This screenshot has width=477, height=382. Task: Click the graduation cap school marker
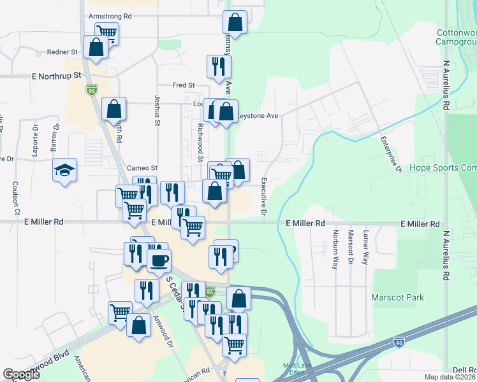point(64,170)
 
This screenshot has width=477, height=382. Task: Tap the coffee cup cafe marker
point(159,260)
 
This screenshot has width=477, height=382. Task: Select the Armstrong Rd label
point(110,15)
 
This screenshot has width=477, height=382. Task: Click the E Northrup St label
point(57,75)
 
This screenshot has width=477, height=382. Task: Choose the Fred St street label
point(183,85)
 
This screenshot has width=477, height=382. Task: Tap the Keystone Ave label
point(257,116)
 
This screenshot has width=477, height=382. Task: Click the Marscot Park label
point(397,297)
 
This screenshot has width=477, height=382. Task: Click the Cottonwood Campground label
point(456,37)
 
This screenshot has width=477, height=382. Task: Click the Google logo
point(22,374)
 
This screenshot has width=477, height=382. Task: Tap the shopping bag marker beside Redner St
point(96,48)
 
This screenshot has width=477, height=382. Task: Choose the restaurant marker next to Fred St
point(217,66)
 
